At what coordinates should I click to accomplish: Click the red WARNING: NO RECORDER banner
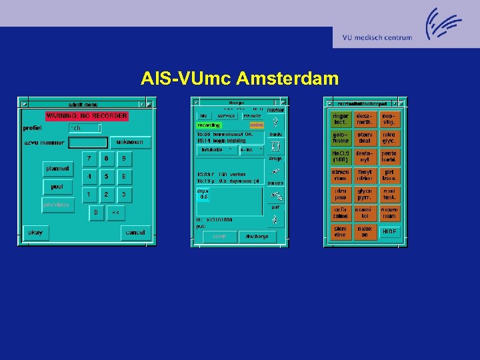coord(87,116)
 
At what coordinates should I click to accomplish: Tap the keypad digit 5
coord(106,177)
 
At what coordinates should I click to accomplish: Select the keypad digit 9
coord(123,159)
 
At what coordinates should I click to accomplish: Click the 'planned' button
coord(58,169)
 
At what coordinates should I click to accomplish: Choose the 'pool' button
coord(58,187)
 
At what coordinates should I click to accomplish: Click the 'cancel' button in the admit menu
coord(135,233)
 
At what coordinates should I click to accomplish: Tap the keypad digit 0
coord(97,213)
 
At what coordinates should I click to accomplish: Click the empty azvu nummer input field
coord(88,143)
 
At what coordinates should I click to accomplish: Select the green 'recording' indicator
coord(209,125)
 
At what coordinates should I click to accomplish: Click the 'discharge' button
coord(257,237)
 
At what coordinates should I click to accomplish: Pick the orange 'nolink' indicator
coord(257,125)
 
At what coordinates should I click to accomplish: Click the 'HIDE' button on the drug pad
coord(389,232)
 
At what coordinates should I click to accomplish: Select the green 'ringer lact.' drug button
coord(341,119)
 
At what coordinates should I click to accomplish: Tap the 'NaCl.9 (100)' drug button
coord(341,157)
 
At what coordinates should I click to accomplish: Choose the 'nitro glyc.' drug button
coord(389,138)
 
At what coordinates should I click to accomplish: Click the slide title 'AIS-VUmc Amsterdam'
coord(240,79)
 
